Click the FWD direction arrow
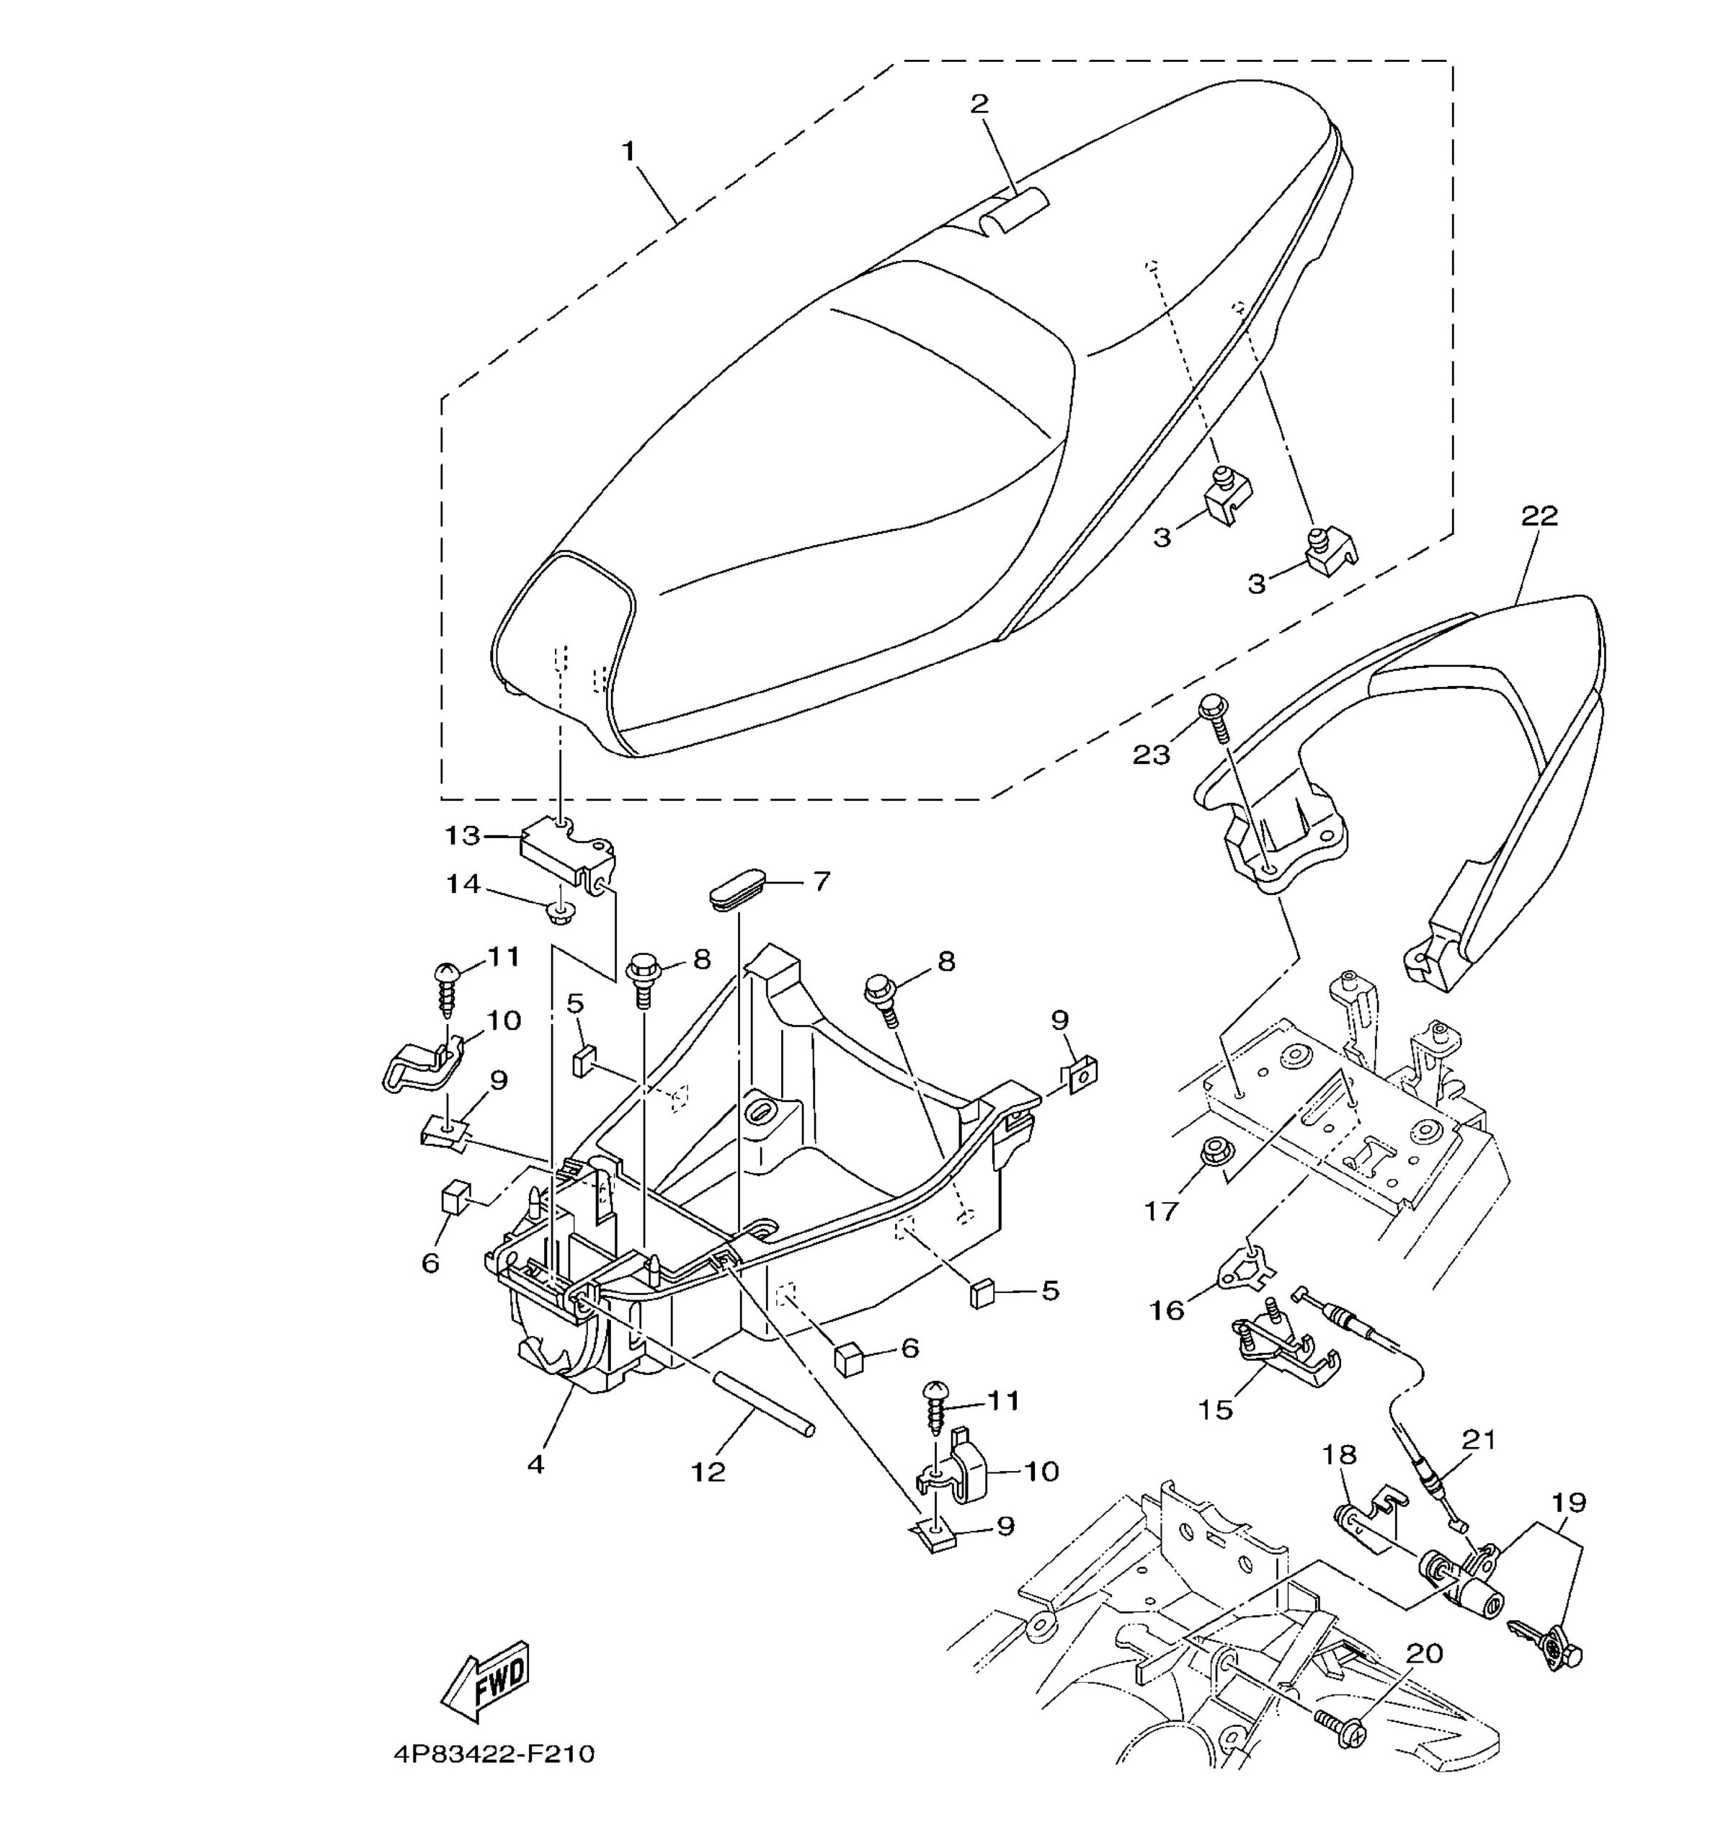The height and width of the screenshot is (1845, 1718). click(488, 1681)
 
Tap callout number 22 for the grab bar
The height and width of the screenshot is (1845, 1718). click(1538, 517)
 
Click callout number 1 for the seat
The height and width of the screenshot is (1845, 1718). click(628, 151)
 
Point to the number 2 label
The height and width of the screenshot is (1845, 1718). click(979, 104)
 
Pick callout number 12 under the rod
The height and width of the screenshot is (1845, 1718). click(708, 1473)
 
